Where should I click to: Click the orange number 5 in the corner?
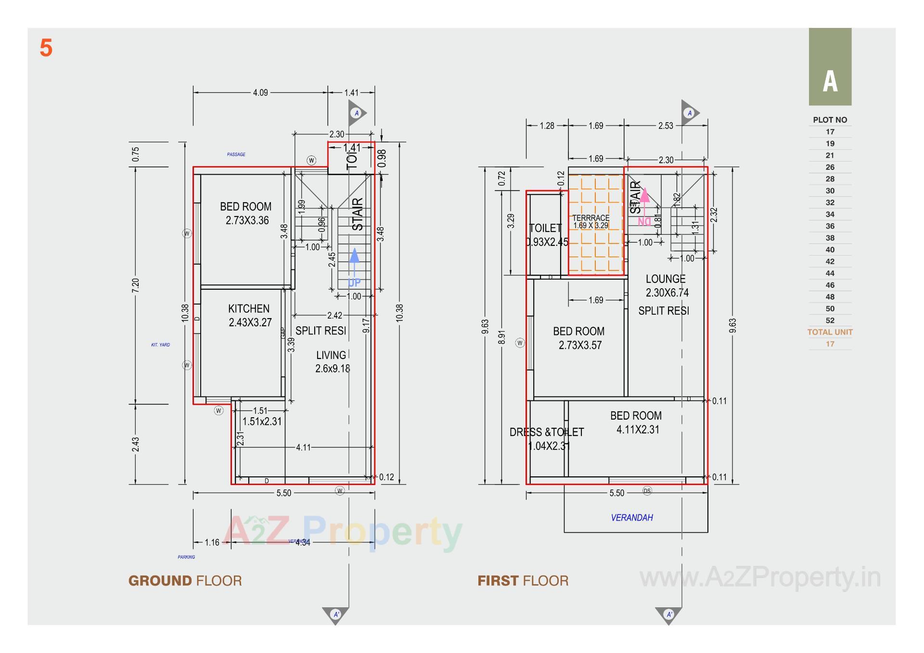[x=46, y=48]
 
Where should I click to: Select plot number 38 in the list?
[x=830, y=238]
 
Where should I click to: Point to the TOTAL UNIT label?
[x=830, y=332]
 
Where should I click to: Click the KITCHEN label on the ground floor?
[x=249, y=309]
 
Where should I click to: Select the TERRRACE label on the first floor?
[x=590, y=218]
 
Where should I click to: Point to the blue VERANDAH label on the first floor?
[x=632, y=518]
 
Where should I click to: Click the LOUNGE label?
[x=666, y=279]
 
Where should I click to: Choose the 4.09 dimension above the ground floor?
[x=260, y=92]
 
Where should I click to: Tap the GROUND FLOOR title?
[x=185, y=581]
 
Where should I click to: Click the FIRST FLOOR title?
[x=523, y=581]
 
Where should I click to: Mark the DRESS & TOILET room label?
[x=547, y=432]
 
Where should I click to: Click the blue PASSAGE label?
[x=236, y=154]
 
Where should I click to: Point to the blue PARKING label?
[x=186, y=557]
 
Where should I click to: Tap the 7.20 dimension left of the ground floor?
[x=136, y=285]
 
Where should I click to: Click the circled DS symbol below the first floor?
[x=647, y=491]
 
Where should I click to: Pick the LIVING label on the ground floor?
[x=331, y=356]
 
